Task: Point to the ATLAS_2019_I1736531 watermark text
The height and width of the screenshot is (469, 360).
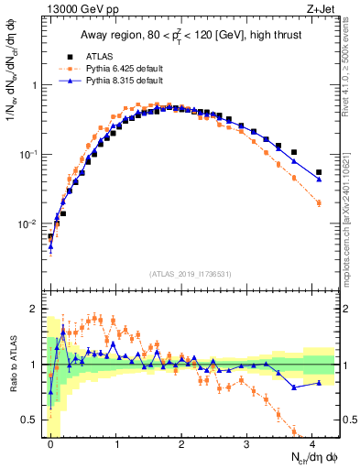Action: [x=191, y=274]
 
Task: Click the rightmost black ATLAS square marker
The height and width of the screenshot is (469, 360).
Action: [x=319, y=172]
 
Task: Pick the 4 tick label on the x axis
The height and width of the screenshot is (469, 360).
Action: [x=312, y=443]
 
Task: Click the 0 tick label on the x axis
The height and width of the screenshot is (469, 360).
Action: [x=50, y=443]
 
